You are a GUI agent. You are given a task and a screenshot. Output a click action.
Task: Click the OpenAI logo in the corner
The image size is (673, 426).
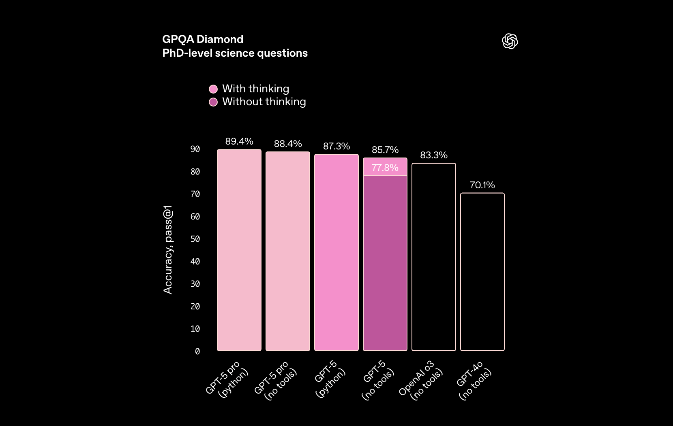(510, 41)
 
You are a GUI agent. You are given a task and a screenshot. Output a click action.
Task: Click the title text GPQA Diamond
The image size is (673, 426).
(203, 39)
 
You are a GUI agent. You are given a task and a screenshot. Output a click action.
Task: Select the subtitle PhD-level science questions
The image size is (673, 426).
(235, 53)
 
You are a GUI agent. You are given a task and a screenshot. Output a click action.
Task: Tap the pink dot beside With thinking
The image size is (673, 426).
(213, 89)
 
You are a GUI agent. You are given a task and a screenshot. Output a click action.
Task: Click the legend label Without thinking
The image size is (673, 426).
(264, 102)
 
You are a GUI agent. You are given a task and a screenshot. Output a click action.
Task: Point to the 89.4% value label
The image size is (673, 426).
(239, 141)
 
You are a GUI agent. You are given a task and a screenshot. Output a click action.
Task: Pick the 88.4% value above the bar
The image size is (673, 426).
(288, 144)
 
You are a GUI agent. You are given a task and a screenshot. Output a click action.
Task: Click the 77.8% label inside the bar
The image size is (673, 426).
(385, 168)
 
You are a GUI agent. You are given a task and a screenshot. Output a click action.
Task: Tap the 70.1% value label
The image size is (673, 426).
(482, 185)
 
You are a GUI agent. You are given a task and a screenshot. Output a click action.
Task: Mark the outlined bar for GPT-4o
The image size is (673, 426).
(482, 272)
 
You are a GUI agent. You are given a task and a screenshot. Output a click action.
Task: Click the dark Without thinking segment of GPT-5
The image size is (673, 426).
(385, 263)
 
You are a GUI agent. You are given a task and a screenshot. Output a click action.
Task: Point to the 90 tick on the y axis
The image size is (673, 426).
(195, 149)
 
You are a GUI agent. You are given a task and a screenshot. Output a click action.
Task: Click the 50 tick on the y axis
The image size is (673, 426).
(195, 239)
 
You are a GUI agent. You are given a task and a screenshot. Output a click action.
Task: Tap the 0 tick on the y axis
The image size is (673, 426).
(197, 351)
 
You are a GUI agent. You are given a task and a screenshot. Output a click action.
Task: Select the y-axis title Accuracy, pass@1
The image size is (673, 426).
(168, 249)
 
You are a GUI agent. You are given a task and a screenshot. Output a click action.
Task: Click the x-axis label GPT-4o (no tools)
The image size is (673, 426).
(474, 381)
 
